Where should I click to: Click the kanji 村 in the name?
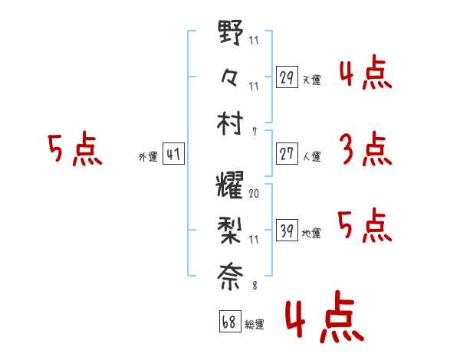[230, 123]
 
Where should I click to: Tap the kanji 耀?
[230, 185]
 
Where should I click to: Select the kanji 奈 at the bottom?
[230, 277]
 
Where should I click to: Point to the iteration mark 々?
[229, 77]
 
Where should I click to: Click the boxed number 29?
[287, 77]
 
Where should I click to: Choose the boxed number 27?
[287, 154]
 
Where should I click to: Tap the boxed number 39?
[287, 230]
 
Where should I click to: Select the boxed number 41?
[173, 154]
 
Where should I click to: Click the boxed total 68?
[230, 322]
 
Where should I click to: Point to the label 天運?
[311, 80]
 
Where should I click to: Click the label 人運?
[311, 156]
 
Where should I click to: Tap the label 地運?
[311, 233]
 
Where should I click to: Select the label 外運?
[148, 156]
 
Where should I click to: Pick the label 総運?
[255, 325]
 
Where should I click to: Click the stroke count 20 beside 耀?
[254, 194]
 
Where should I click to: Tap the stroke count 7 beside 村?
[255, 132]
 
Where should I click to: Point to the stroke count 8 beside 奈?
[255, 285]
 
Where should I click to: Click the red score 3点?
[366, 149]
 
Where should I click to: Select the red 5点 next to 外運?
[75, 149]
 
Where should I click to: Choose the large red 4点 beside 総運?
[325, 316]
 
